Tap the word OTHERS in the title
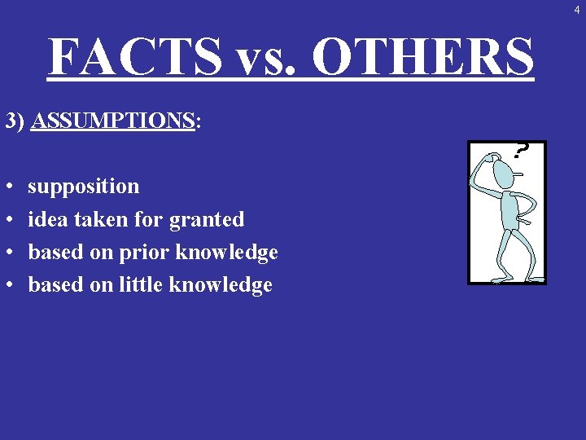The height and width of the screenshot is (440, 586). pyautogui.click(x=422, y=56)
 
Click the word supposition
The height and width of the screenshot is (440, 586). pyautogui.click(x=83, y=187)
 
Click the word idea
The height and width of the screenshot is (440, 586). pyautogui.click(x=46, y=219)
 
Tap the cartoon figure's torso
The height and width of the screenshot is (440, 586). pyautogui.click(x=509, y=211)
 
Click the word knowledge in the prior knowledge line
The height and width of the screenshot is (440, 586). pyautogui.click(x=227, y=253)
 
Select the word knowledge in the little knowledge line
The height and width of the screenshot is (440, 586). pyautogui.click(x=221, y=285)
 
